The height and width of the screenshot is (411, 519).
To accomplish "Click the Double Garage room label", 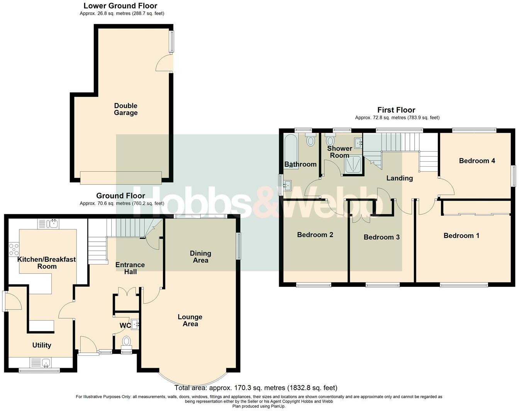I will click(x=126, y=109).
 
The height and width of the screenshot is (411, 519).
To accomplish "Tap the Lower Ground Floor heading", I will click(x=120, y=6).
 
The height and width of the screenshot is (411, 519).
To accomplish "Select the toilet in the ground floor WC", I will click(x=126, y=342).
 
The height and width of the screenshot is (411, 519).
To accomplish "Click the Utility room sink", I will click(x=46, y=363).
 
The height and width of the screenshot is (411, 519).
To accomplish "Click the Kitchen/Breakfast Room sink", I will click(x=53, y=223).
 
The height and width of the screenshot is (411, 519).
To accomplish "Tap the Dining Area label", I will click(x=200, y=257).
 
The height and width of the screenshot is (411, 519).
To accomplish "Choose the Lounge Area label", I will click(x=190, y=320).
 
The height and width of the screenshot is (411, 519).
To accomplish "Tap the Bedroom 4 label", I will click(x=477, y=161).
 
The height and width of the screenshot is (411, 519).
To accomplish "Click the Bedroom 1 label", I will click(x=461, y=235).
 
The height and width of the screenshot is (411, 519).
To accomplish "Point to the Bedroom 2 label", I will click(x=315, y=235).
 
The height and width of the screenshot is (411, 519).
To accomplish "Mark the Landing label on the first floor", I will click(x=400, y=178).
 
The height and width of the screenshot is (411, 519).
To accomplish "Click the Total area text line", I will click(x=256, y=388).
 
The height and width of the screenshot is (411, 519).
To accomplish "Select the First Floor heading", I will click(x=396, y=110).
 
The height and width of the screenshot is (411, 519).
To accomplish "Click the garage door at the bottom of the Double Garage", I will click(x=121, y=178).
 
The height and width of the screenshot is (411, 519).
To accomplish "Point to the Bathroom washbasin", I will click(x=287, y=186).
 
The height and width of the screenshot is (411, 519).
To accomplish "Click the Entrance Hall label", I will click(x=130, y=268).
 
